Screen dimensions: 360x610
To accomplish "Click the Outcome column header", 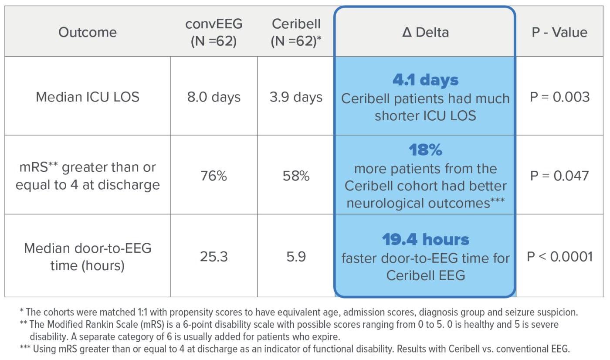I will pos(88,32).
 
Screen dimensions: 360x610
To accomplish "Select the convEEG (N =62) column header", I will pos(213,32).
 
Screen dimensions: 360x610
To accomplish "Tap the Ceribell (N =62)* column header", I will pos(296,32).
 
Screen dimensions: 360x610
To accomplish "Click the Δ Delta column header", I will pos(425,32).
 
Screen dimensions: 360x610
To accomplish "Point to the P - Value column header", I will pos(559,32).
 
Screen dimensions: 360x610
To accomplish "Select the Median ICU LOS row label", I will pos(88,96).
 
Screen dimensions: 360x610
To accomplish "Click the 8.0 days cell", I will pos(213,97).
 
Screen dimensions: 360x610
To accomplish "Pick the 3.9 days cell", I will pos(296,97).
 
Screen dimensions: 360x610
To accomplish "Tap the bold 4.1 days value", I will pos(425,80).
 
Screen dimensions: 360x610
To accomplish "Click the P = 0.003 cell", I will pos(559,97).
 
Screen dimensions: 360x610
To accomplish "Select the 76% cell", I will pos(213,176).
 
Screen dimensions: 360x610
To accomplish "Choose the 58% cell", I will pos(296,176).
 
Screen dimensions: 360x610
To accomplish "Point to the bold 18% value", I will pos(425,150).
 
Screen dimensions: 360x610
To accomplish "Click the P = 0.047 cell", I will pos(559,176).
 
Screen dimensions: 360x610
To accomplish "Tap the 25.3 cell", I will pos(213,257).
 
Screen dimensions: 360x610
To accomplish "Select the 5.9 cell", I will pos(296,257).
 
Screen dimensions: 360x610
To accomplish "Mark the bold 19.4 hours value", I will pos(425,240).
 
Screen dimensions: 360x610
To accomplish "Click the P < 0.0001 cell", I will pos(559,257).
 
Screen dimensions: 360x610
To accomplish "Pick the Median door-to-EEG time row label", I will pos(88,257).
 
